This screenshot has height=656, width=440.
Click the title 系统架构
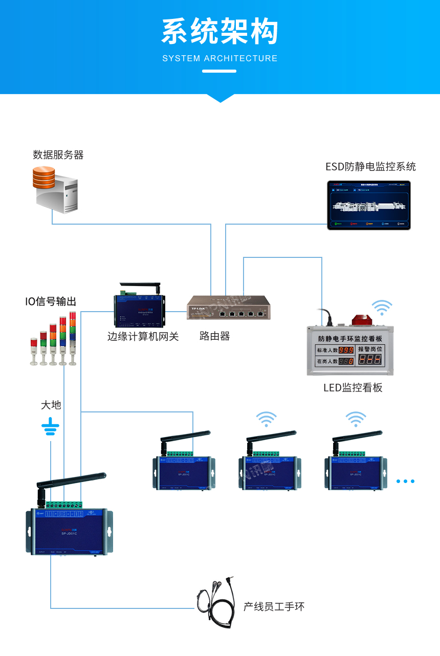tap(220, 32)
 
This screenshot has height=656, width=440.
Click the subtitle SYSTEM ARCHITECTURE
tap(220, 58)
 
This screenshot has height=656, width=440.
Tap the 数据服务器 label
tap(58, 155)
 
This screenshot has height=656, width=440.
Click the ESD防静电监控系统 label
tap(370, 166)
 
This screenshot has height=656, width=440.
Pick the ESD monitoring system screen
tap(369, 205)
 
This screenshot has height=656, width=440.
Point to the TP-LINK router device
tap(228, 308)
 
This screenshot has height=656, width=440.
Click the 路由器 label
tap(215, 336)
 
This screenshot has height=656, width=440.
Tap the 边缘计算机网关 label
tap(143, 336)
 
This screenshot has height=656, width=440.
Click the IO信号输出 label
tap(51, 301)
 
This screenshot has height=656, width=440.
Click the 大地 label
tap(51, 405)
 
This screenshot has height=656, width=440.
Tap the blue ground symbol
tap(50, 426)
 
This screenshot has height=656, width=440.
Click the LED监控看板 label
tap(353, 387)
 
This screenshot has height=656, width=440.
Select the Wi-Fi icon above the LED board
tap(382, 307)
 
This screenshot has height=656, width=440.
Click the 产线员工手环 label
tap(274, 607)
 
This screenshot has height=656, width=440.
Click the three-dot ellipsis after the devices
tap(405, 481)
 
